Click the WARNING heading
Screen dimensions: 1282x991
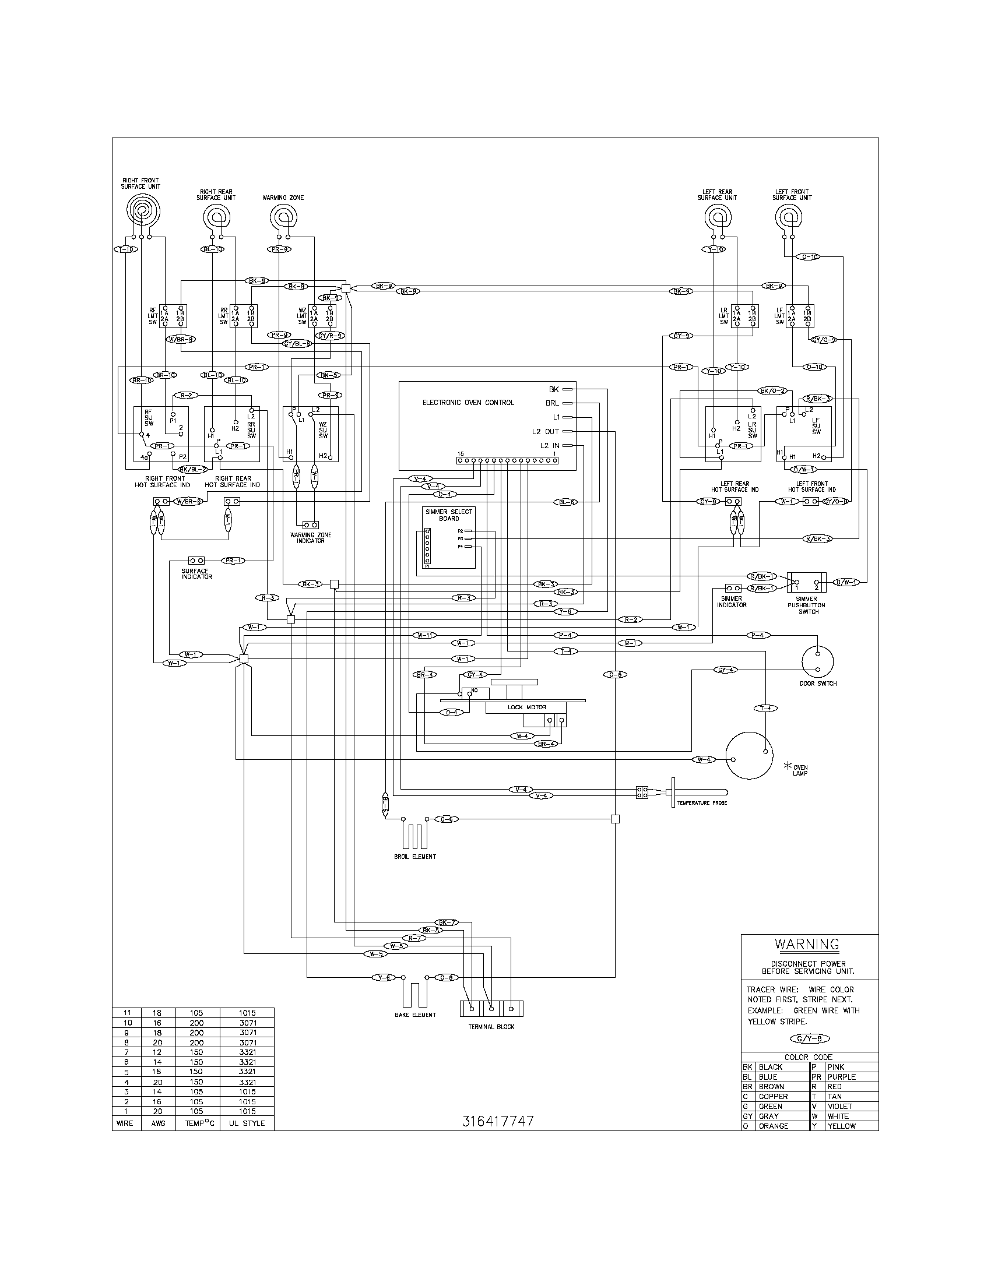807,945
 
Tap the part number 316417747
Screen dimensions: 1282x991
498,1121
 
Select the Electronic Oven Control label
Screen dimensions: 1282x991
468,403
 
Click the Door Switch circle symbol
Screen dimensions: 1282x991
817,661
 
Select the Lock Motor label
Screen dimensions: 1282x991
526,707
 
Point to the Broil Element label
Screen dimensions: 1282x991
414,857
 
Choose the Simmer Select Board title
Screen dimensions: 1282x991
448,515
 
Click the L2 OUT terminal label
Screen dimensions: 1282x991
546,431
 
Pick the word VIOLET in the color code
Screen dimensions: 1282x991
839,1107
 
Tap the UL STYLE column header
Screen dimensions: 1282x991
246,1123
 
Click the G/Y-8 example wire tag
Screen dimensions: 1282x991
809,1039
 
